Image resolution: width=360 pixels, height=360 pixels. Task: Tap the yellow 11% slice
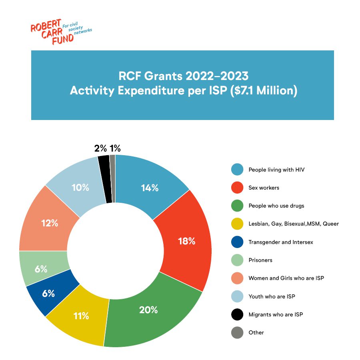click(80, 316)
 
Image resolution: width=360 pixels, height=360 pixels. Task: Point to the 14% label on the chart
click(150, 188)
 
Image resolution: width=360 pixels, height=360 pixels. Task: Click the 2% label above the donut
click(100, 148)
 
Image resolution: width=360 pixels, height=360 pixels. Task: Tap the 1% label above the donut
click(115, 148)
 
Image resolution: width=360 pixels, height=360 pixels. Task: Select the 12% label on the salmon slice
click(50, 223)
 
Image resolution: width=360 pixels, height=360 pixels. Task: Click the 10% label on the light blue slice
click(80, 187)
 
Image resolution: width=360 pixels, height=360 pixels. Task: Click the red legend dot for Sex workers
click(237, 188)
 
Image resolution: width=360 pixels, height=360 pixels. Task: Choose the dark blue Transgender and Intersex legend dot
click(237, 242)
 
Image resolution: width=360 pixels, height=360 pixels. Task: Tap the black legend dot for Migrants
click(237, 314)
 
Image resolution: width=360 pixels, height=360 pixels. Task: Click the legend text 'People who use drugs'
click(276, 206)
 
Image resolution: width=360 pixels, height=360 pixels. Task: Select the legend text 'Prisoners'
click(260, 260)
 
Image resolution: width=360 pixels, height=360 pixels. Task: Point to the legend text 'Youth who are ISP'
click(272, 296)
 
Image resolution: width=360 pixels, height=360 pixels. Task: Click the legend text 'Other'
click(256, 332)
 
